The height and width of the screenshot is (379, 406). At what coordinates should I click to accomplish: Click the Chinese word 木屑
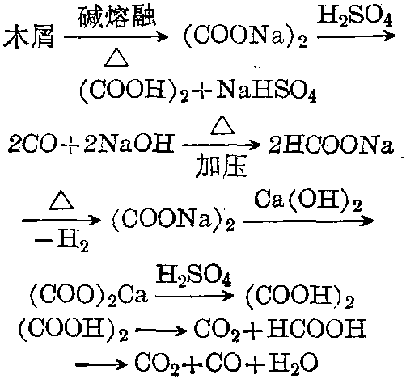(29, 37)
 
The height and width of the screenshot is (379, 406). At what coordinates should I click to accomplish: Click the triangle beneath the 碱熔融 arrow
(116, 58)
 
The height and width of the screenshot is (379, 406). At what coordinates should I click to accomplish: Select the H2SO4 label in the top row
(354, 16)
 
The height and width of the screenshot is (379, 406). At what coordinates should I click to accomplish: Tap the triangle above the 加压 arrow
(222, 125)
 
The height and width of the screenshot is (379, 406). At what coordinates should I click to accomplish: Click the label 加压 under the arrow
(221, 167)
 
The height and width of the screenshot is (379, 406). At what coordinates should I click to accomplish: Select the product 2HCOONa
(331, 145)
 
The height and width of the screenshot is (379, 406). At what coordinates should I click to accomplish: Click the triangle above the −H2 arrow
(61, 200)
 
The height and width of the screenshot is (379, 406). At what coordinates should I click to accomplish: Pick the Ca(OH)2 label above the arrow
(307, 201)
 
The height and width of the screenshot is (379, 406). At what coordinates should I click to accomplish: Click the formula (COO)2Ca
(88, 296)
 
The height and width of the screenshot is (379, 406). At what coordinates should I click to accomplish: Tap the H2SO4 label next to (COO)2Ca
(193, 276)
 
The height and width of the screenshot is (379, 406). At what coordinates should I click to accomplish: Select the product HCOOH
(316, 329)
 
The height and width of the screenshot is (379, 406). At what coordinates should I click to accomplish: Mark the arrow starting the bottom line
(101, 364)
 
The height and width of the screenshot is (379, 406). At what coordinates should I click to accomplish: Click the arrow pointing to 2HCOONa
(221, 145)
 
